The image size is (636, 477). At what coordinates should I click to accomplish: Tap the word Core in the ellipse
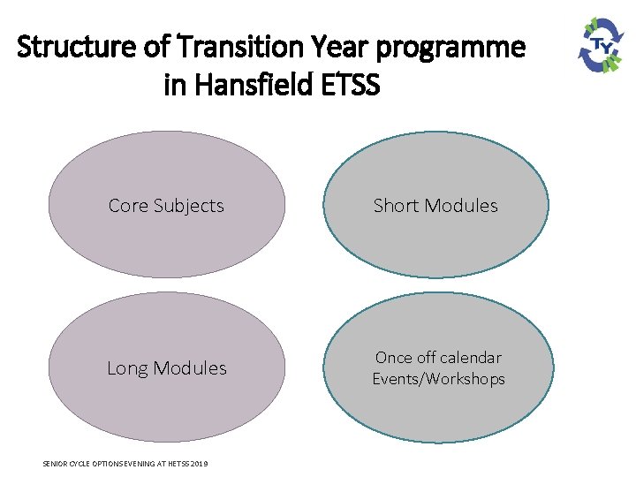[x=128, y=206]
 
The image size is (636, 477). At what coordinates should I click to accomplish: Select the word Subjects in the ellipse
[x=188, y=206]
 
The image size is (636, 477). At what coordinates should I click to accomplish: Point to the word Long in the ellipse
[x=129, y=368]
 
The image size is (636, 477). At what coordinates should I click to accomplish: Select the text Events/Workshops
[x=438, y=379]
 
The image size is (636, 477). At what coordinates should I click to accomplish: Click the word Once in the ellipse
[x=394, y=358]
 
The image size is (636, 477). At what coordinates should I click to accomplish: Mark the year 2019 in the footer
[x=200, y=464]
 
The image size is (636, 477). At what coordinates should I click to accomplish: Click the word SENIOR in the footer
[x=55, y=464]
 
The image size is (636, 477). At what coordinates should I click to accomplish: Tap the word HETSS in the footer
[x=177, y=464]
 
